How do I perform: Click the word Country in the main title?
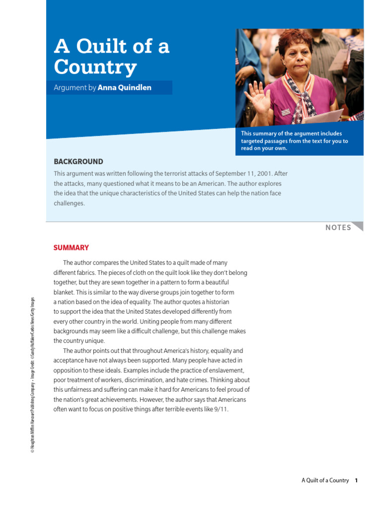(95, 67)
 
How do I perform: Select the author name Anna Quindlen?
(125, 88)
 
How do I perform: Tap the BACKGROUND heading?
(78, 162)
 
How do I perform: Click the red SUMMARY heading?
(71, 248)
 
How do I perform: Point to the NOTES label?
(338, 228)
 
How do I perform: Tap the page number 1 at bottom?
(356, 480)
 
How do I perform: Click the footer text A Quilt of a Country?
(325, 480)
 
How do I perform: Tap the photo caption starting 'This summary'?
(295, 141)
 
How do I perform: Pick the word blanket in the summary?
(63, 292)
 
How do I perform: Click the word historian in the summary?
(216, 302)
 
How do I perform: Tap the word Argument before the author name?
(69, 88)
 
